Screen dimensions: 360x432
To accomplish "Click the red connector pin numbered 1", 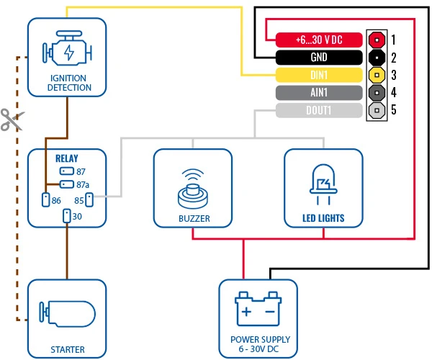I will click(377, 39).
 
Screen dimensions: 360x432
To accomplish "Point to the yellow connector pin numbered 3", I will click(377, 75).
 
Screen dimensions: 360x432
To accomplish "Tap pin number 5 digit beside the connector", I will click(394, 111).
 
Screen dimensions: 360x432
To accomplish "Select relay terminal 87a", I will click(66, 185).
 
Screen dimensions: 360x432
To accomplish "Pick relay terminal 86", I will click(45, 199).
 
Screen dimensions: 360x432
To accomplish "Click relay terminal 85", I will click(89, 199).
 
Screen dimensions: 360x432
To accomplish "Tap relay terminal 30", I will click(66, 215).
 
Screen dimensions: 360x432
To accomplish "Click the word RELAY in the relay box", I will click(66, 158).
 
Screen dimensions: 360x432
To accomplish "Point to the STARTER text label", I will click(67, 350).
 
